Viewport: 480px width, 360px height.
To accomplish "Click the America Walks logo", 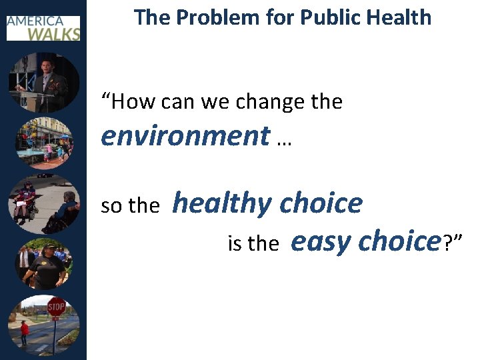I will [x=43, y=27].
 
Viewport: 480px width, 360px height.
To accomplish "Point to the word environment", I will [x=185, y=135].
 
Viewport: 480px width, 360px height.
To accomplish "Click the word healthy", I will [x=223, y=203].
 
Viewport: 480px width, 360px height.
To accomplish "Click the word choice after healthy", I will [x=321, y=203].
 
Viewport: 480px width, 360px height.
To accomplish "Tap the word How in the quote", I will [x=133, y=102].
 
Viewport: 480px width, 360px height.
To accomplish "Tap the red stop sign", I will [x=56, y=307].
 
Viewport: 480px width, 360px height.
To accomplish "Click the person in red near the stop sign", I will [x=25, y=332].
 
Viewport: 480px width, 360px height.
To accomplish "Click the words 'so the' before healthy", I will [x=130, y=206].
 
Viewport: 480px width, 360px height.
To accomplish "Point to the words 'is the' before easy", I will [x=253, y=244].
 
